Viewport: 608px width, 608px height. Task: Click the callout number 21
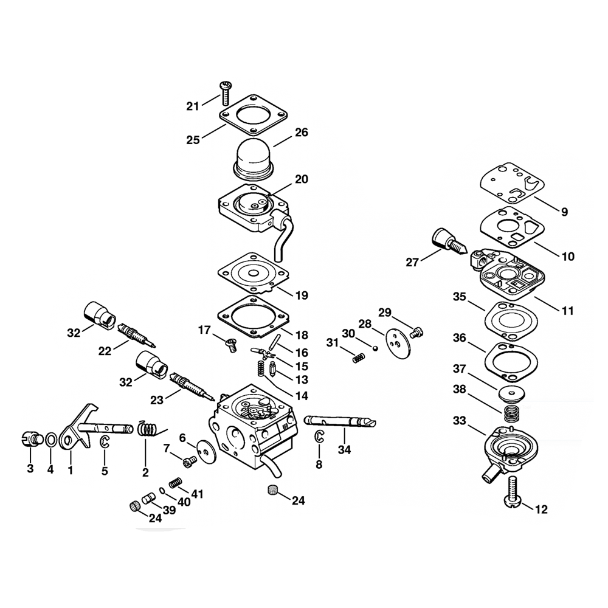tap(193, 106)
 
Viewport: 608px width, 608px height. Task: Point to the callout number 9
tap(564, 212)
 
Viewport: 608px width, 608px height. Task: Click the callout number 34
tap(345, 450)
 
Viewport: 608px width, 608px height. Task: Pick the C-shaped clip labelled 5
tap(105, 443)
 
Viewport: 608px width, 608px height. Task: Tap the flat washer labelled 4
tap(52, 438)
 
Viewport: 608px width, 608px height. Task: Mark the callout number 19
tap(302, 295)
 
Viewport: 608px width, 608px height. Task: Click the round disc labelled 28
tap(395, 340)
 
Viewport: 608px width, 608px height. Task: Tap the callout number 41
tap(196, 494)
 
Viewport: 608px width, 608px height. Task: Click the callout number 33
tap(460, 420)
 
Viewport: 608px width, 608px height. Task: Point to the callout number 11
tap(567, 311)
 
